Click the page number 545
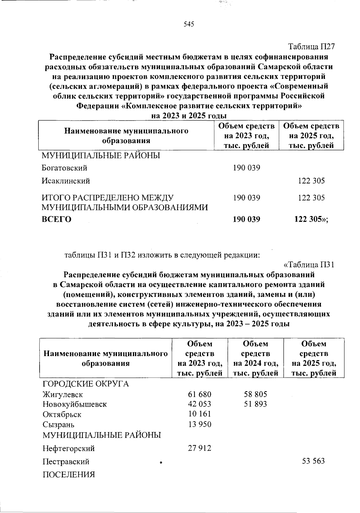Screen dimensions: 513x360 (189, 24)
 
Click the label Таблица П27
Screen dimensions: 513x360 (311, 46)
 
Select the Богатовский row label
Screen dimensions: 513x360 (64, 168)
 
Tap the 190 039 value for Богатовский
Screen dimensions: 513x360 (247, 168)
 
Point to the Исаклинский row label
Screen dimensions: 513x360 (66, 181)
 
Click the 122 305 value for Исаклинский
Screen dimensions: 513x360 (311, 181)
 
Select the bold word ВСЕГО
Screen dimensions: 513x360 (56, 219)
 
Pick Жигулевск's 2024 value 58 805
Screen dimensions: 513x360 (256, 394)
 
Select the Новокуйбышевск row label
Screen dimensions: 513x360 (75, 404)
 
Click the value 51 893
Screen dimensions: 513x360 (256, 404)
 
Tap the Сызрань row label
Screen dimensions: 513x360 (58, 424)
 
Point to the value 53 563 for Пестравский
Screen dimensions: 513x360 (313, 461)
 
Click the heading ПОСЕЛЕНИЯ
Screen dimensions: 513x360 (69, 475)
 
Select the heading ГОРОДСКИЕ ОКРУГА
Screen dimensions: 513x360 (85, 384)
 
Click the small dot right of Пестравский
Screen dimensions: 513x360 (161, 463)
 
